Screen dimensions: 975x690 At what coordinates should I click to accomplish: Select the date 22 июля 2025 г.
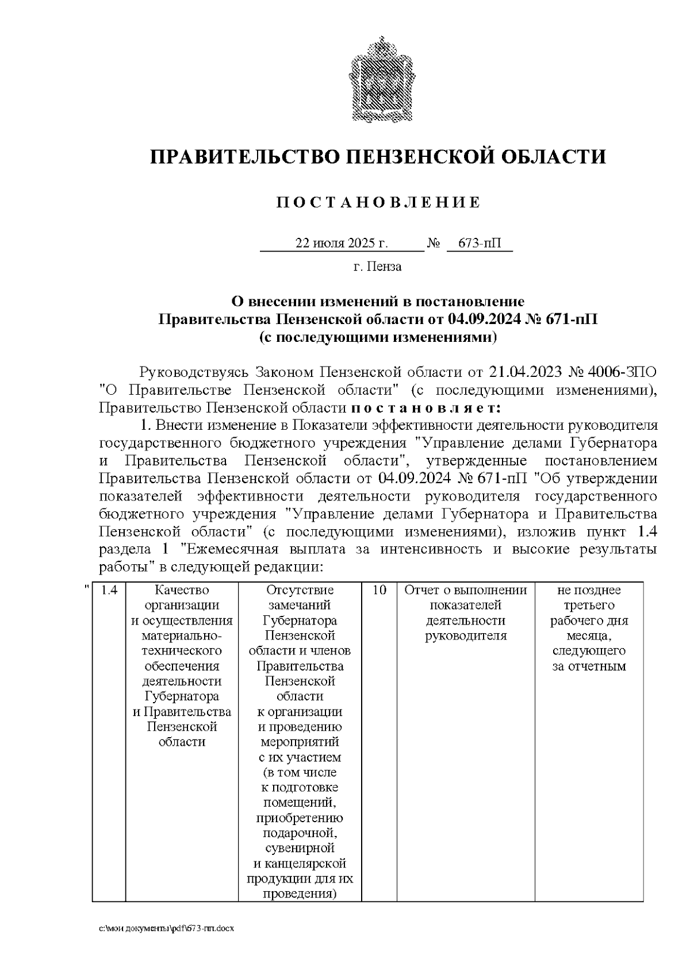tap(342, 243)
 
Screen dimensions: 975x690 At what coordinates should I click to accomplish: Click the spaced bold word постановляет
tap(426, 409)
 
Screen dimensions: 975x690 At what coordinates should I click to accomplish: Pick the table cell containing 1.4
tap(109, 590)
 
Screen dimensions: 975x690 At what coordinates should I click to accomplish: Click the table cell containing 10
tap(378, 590)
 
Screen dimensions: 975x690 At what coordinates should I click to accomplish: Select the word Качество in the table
tap(182, 590)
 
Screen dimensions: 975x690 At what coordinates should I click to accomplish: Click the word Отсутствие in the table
tap(300, 590)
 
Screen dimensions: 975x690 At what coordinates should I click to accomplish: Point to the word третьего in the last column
tap(589, 605)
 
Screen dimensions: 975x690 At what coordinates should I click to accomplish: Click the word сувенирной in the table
tap(300, 849)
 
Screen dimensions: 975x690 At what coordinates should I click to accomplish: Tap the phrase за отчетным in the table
tap(589, 666)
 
